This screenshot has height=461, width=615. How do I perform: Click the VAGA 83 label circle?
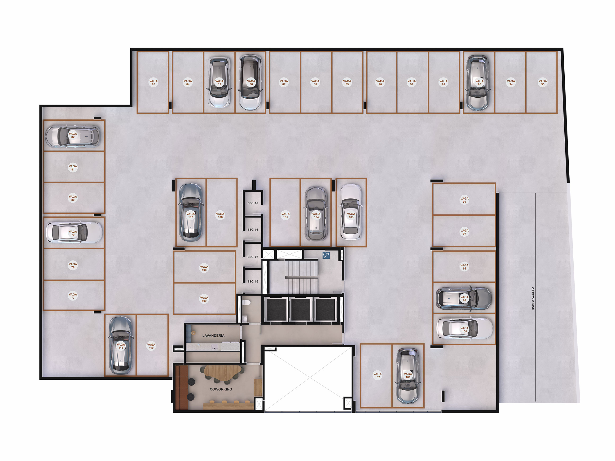tap(154, 83)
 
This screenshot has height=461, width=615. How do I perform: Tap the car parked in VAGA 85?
tap(219, 83)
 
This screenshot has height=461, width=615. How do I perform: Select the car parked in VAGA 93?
tap(478, 83)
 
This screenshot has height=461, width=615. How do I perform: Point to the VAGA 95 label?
tap(542, 83)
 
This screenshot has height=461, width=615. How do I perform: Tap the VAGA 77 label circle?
tap(73, 296)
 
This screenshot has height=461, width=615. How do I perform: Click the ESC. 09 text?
tap(253, 203)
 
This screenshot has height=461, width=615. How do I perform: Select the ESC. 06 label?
tap(253, 282)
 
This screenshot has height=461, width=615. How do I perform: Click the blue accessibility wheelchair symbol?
tap(326, 255)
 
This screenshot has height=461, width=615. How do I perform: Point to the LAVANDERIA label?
tap(213, 335)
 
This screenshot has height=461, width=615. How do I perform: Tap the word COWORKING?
tap(221, 389)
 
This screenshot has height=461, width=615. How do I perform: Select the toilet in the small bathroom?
tap(246, 302)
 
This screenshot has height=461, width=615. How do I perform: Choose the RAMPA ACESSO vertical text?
tap(533, 299)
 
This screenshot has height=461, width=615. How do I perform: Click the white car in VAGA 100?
tap(464, 328)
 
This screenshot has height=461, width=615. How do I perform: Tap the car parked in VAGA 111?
tap(120, 345)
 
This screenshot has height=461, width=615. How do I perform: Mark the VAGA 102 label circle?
tap(377, 376)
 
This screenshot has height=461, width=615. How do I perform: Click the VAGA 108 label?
tap(204, 268)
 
